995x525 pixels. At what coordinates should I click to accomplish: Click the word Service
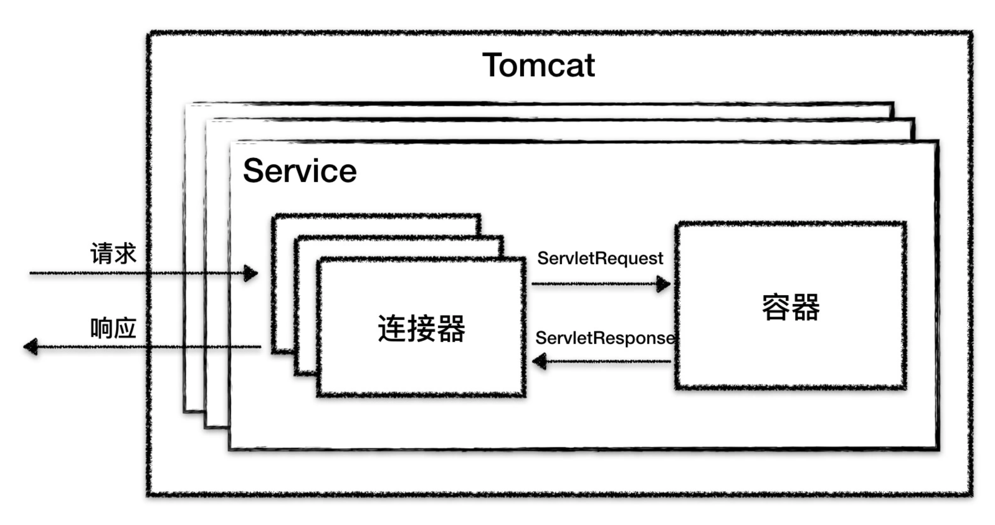click(300, 171)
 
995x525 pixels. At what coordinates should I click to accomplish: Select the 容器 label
click(791, 307)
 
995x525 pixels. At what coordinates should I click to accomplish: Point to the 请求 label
click(113, 254)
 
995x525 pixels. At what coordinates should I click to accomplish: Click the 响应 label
click(113, 328)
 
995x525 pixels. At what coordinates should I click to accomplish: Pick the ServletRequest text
click(600, 258)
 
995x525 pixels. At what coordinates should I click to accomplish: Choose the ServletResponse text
click(605, 338)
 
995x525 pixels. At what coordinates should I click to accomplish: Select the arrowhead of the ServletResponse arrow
click(539, 361)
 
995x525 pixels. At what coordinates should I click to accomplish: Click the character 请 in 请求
click(102, 254)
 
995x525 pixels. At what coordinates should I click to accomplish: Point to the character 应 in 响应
click(125, 328)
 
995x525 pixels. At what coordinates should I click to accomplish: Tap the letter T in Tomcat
click(494, 66)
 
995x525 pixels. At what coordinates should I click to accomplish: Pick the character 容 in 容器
click(776, 307)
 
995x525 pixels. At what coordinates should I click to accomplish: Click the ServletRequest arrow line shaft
click(595, 284)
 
